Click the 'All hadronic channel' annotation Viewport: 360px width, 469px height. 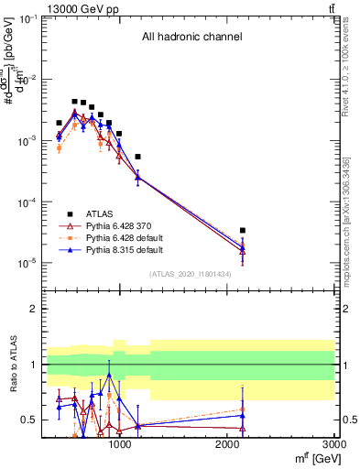(x=191, y=38)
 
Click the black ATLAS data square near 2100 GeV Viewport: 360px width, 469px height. (x=242, y=231)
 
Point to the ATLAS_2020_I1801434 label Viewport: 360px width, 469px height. (x=191, y=274)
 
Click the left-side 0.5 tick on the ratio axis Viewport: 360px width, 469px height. (x=30, y=420)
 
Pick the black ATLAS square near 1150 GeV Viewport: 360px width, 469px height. (x=137, y=157)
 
